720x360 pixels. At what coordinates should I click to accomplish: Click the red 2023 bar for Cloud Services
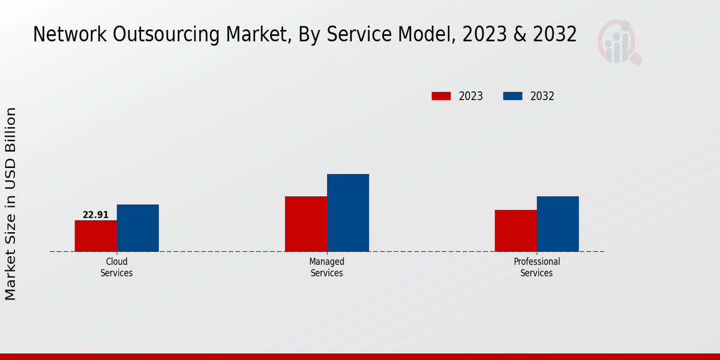(95, 236)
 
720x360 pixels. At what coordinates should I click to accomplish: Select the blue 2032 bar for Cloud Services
(138, 228)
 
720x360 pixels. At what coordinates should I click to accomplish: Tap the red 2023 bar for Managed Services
(306, 224)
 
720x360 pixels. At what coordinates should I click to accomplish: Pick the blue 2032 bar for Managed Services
(348, 213)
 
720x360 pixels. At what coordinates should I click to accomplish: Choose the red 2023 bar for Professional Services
(515, 230)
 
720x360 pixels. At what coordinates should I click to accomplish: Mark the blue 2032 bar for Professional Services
(558, 224)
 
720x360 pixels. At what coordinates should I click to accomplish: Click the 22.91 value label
(95, 215)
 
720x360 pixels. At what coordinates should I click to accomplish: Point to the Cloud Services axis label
(116, 267)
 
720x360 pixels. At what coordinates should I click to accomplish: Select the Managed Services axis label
(326, 267)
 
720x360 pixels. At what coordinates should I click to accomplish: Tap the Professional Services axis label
(536, 267)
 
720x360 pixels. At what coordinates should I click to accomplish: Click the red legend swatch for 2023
(441, 96)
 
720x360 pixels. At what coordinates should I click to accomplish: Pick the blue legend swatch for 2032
(512, 96)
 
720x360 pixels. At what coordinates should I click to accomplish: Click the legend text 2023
(471, 96)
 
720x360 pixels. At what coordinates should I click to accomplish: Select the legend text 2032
(542, 96)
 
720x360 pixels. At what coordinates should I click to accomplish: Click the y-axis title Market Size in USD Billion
(11, 204)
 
